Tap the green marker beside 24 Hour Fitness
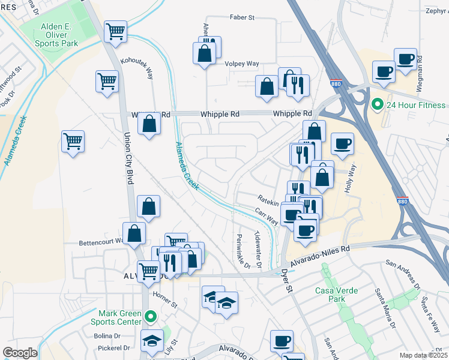click(377, 106)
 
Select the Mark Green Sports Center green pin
click(151, 315)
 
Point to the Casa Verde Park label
click(337, 295)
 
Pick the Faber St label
click(243, 17)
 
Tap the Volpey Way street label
click(241, 64)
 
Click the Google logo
click(19, 353)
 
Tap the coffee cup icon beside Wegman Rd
click(406, 59)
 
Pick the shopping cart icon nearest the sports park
click(115, 31)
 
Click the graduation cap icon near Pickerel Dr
click(152, 340)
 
